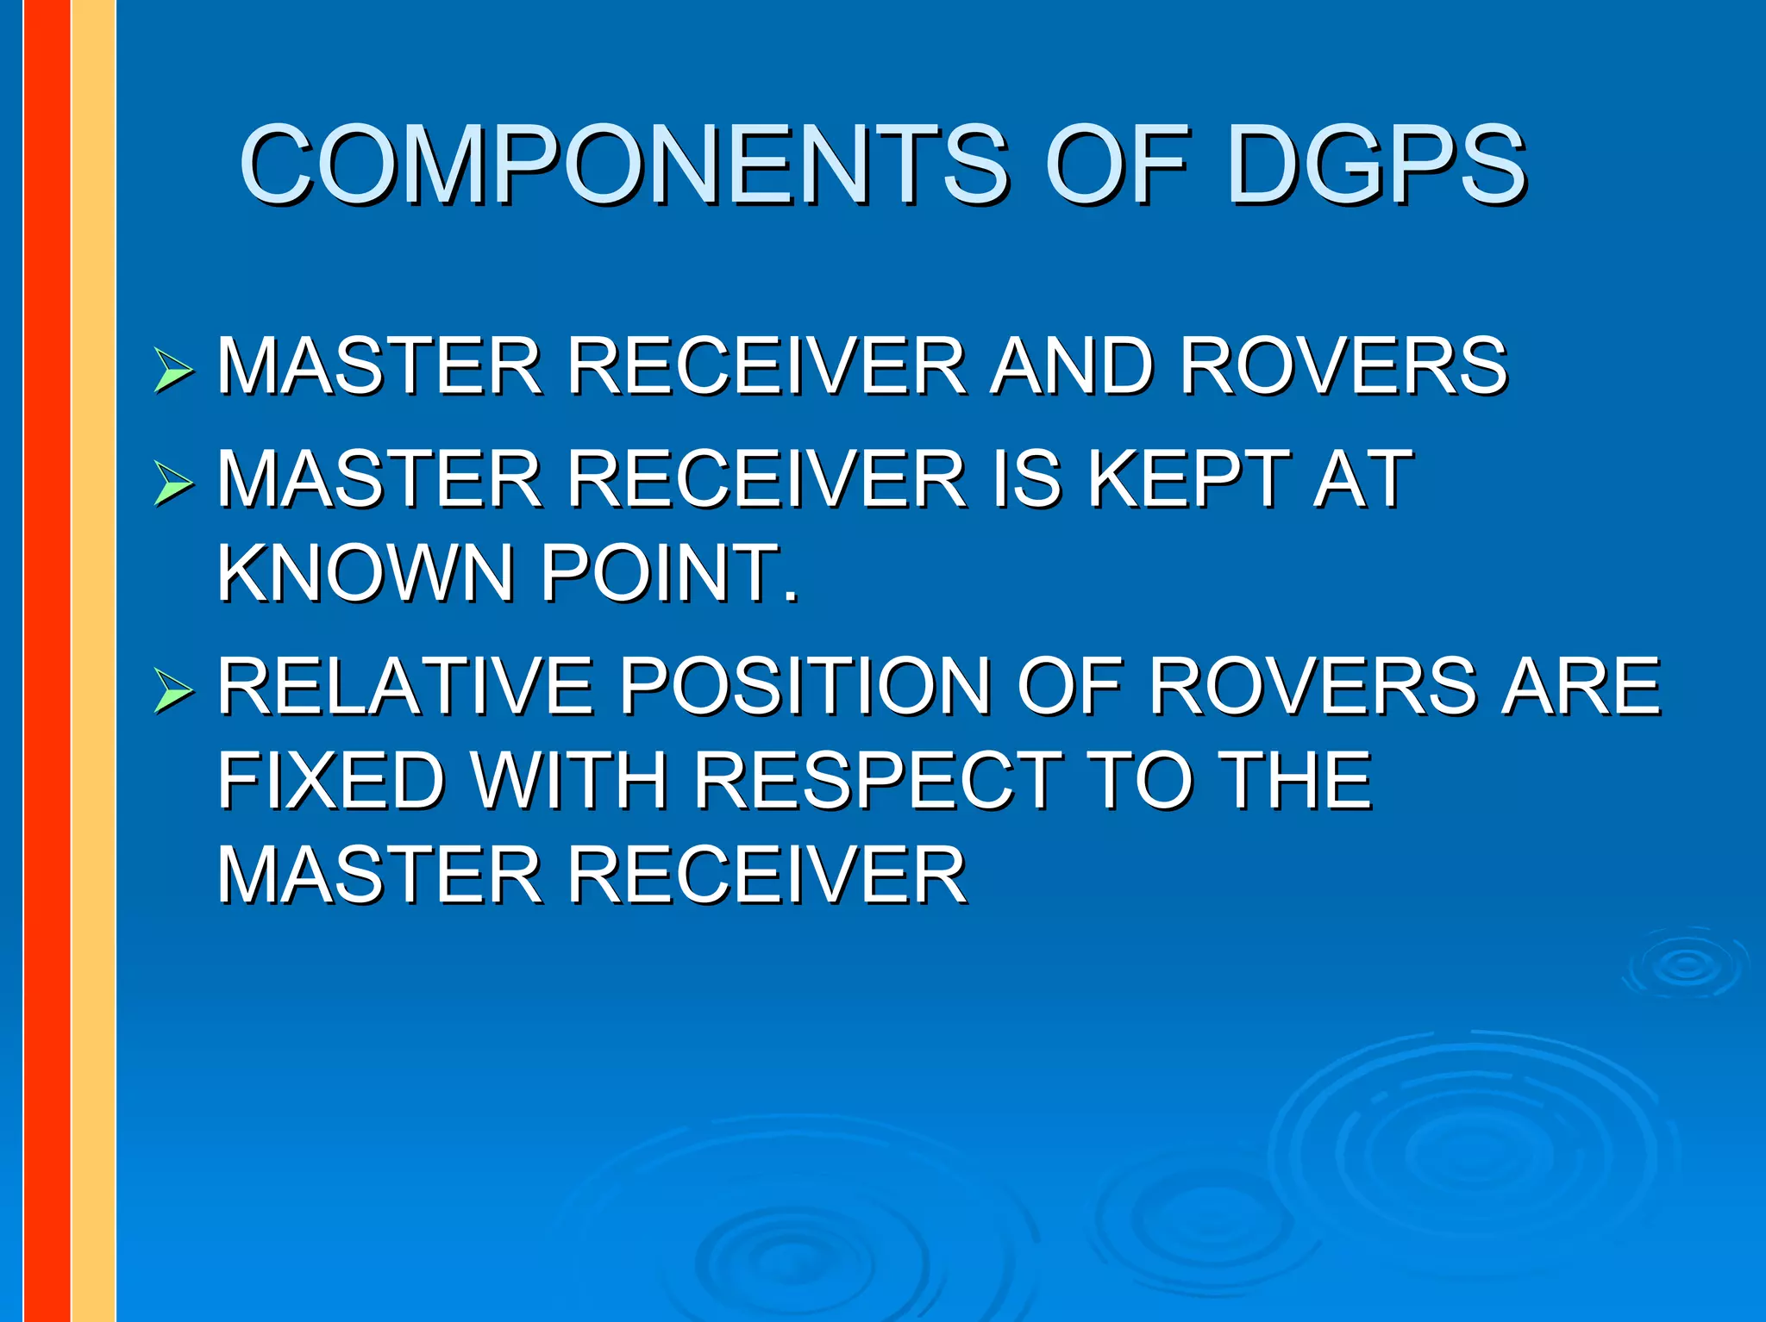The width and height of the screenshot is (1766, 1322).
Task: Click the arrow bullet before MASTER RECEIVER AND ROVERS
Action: point(173,371)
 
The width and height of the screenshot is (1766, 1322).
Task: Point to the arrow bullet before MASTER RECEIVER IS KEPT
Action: point(173,483)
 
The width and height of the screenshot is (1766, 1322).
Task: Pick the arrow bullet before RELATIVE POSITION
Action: point(173,690)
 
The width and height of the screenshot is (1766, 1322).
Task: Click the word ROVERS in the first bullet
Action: point(1343,366)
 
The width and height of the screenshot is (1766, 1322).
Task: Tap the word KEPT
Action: point(1188,479)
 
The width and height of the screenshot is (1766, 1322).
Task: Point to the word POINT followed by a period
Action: point(668,573)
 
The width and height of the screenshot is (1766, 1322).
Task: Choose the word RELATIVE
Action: point(405,686)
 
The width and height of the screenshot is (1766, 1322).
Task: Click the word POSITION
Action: point(806,686)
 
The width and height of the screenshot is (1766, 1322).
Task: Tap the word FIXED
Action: point(331,781)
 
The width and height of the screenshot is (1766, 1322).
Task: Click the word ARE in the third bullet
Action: point(1581,686)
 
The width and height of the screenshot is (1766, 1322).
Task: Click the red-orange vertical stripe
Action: point(47,661)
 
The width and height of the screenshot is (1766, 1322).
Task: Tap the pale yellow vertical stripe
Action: point(93,661)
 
